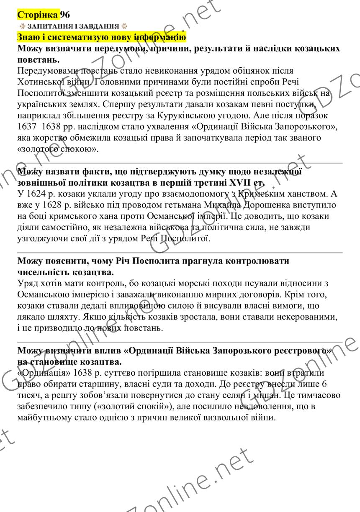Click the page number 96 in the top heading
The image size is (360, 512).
click(65, 15)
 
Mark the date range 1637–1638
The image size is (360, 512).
click(39, 125)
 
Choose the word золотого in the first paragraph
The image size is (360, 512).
click(40, 148)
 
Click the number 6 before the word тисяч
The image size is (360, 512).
click(324, 384)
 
